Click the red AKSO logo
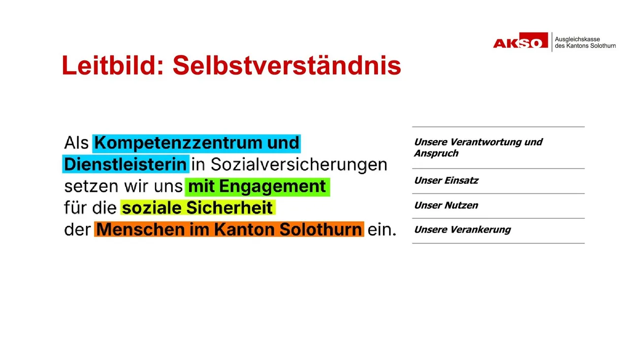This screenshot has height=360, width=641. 521,41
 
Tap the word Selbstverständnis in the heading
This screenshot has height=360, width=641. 287,66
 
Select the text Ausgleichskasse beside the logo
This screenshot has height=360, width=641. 577,39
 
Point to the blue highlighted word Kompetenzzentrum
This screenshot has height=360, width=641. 178,143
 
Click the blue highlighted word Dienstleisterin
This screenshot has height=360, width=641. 125,165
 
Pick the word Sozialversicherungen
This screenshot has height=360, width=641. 299,165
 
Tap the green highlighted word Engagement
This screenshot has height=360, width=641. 272,186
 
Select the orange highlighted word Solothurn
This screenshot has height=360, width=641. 320,230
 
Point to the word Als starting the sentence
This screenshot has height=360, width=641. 76,143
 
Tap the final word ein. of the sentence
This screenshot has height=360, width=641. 382,230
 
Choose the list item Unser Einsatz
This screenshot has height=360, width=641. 446,181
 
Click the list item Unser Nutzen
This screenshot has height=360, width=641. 446,206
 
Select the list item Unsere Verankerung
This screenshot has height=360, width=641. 462,230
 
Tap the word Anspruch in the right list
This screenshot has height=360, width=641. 436,153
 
